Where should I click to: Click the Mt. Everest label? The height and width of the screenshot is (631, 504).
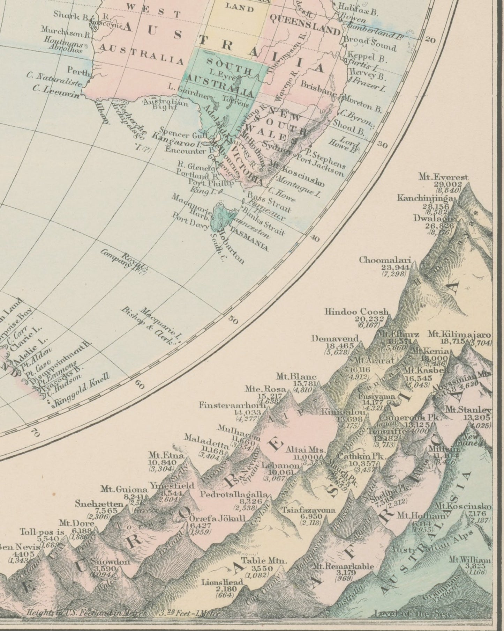(444, 177)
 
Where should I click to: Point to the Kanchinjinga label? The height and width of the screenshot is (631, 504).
(425, 198)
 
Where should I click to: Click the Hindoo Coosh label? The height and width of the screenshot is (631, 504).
(356, 311)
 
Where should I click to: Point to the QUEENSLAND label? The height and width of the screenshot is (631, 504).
(304, 25)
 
